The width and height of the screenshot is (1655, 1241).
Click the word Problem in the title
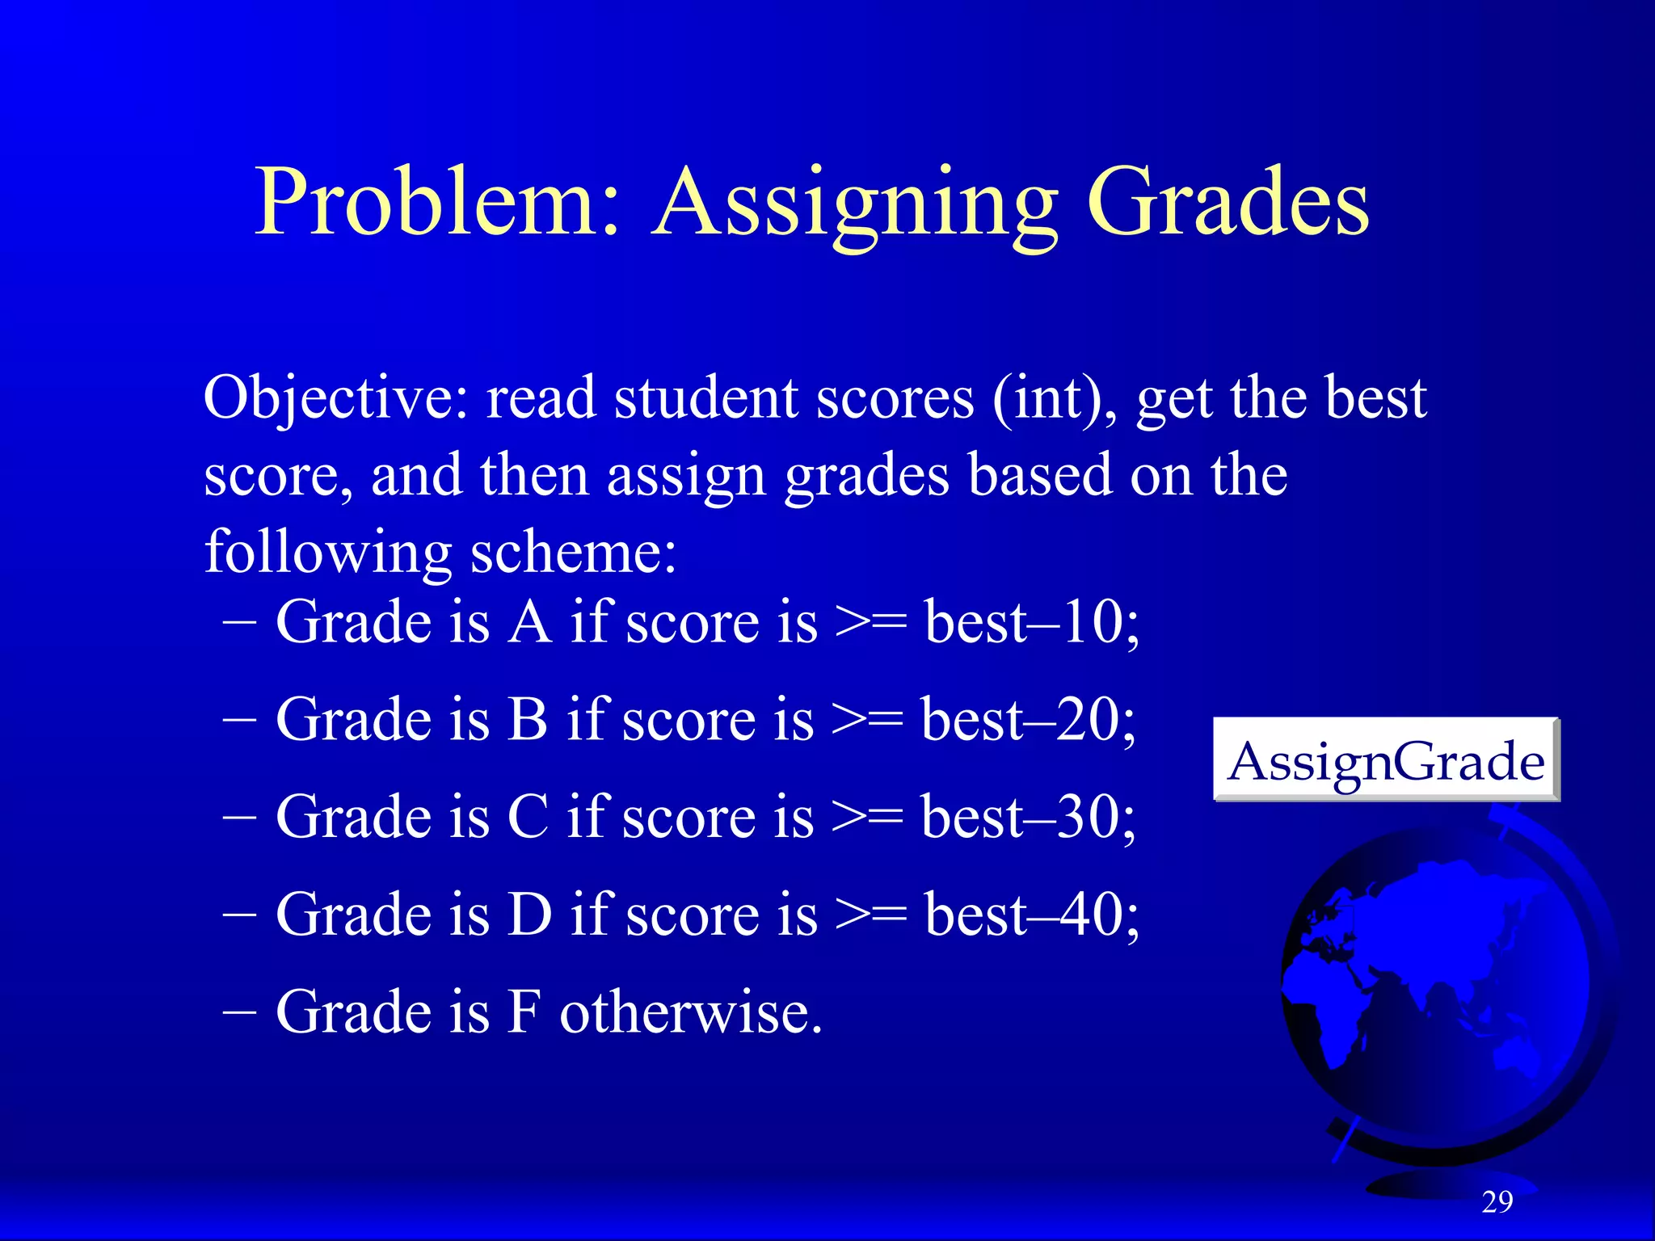coord(436,202)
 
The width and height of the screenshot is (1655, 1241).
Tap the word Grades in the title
coord(1228,202)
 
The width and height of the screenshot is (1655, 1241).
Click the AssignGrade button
coord(1386,760)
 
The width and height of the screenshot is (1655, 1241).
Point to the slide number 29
coord(1497,1202)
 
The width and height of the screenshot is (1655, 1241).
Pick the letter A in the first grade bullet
coord(529,622)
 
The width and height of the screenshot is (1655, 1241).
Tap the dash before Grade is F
coord(239,1012)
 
